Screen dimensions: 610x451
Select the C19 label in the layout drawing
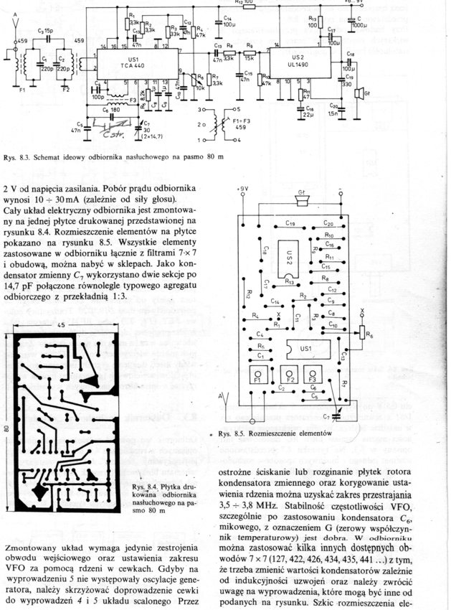(290, 224)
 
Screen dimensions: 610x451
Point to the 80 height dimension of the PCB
(8, 428)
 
